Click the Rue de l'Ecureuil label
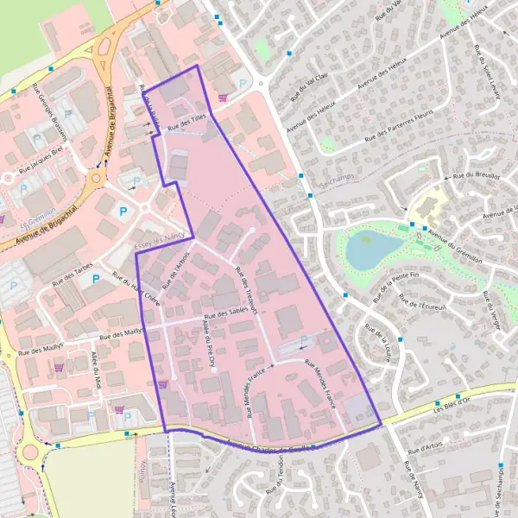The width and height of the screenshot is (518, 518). [422, 305]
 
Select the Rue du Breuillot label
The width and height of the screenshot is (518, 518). [476, 175]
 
